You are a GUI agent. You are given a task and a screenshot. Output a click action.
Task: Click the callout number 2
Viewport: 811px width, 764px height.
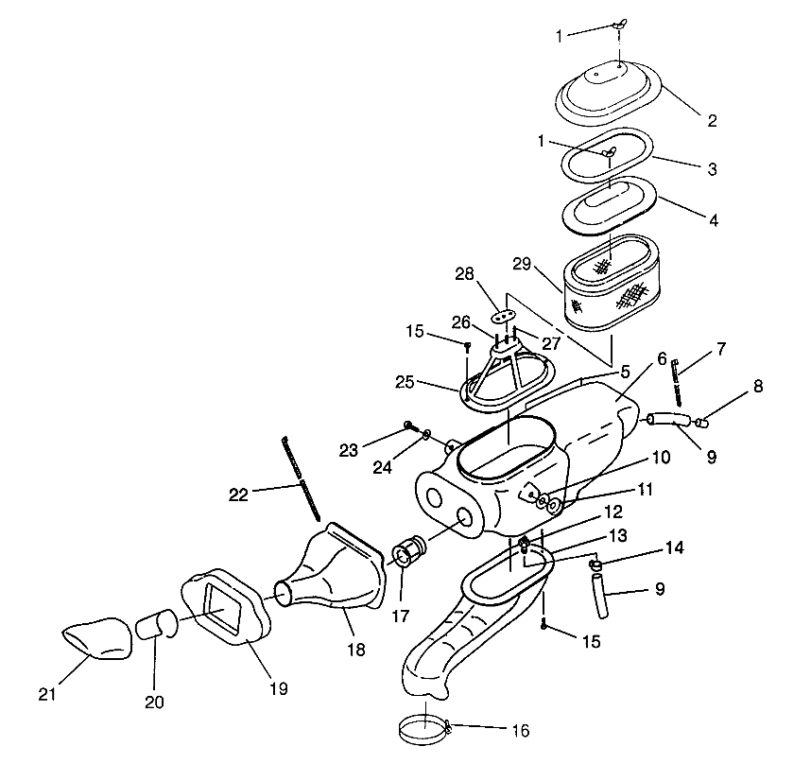tap(712, 120)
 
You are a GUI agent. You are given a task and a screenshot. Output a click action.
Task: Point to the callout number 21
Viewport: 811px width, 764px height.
tap(48, 694)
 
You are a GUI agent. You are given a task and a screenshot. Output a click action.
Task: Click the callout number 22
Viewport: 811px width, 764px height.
tap(240, 494)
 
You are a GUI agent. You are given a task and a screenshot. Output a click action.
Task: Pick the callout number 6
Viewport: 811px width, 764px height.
tap(662, 359)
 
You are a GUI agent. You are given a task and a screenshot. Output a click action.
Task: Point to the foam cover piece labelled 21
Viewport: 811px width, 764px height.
tap(97, 635)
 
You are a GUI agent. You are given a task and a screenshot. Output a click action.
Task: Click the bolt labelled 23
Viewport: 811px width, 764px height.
tap(409, 425)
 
